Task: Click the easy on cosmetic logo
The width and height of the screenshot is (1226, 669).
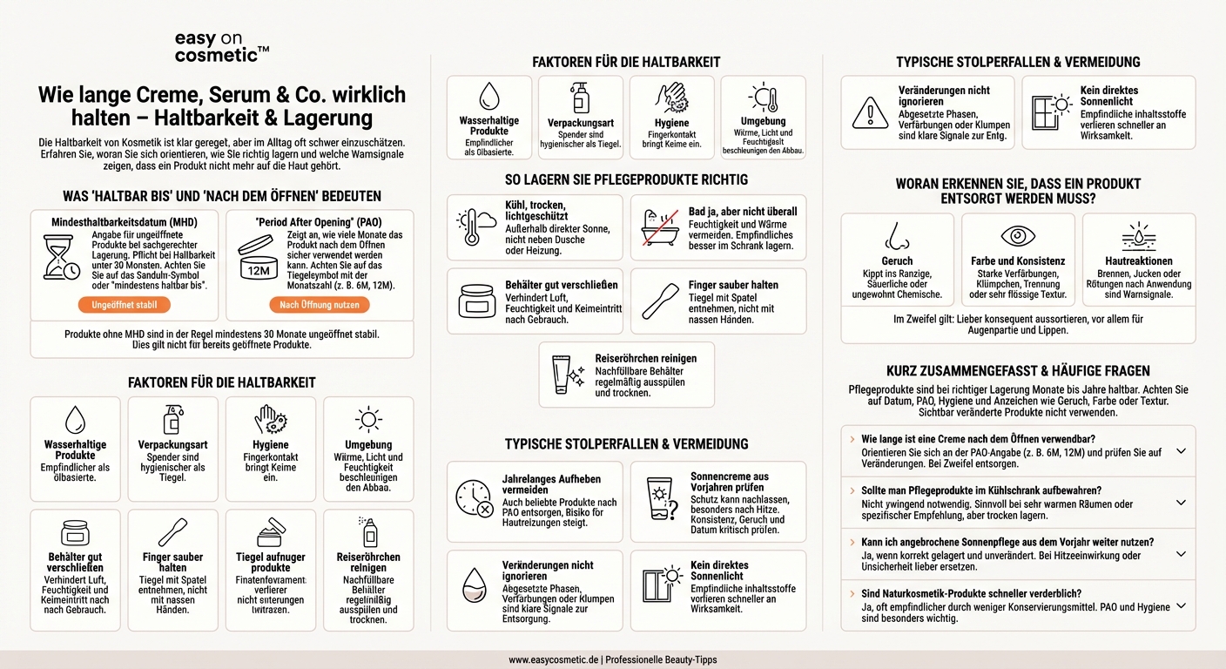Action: [x=221, y=47]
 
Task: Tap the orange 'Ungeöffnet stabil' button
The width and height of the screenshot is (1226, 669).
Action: [x=125, y=305]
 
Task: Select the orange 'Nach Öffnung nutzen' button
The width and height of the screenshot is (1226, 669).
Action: [x=319, y=305]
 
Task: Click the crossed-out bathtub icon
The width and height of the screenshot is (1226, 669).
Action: [x=659, y=227]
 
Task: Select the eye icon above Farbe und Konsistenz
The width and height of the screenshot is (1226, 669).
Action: [x=1017, y=235]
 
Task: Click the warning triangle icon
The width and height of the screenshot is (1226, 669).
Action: [x=870, y=112]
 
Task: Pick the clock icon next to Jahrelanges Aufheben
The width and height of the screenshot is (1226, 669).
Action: [x=475, y=499]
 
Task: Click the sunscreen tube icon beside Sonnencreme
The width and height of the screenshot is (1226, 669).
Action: [x=659, y=499]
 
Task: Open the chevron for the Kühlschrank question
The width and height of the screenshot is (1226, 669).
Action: [x=1181, y=503]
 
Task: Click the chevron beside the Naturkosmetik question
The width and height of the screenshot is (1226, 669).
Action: [x=1181, y=605]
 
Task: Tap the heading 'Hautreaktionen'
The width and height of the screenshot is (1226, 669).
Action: [x=1139, y=260]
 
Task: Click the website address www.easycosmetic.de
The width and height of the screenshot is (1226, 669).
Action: [x=554, y=659]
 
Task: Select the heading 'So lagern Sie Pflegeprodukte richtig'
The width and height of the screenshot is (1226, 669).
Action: [x=626, y=180]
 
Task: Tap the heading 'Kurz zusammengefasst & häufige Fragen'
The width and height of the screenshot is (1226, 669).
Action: [x=1018, y=371]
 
